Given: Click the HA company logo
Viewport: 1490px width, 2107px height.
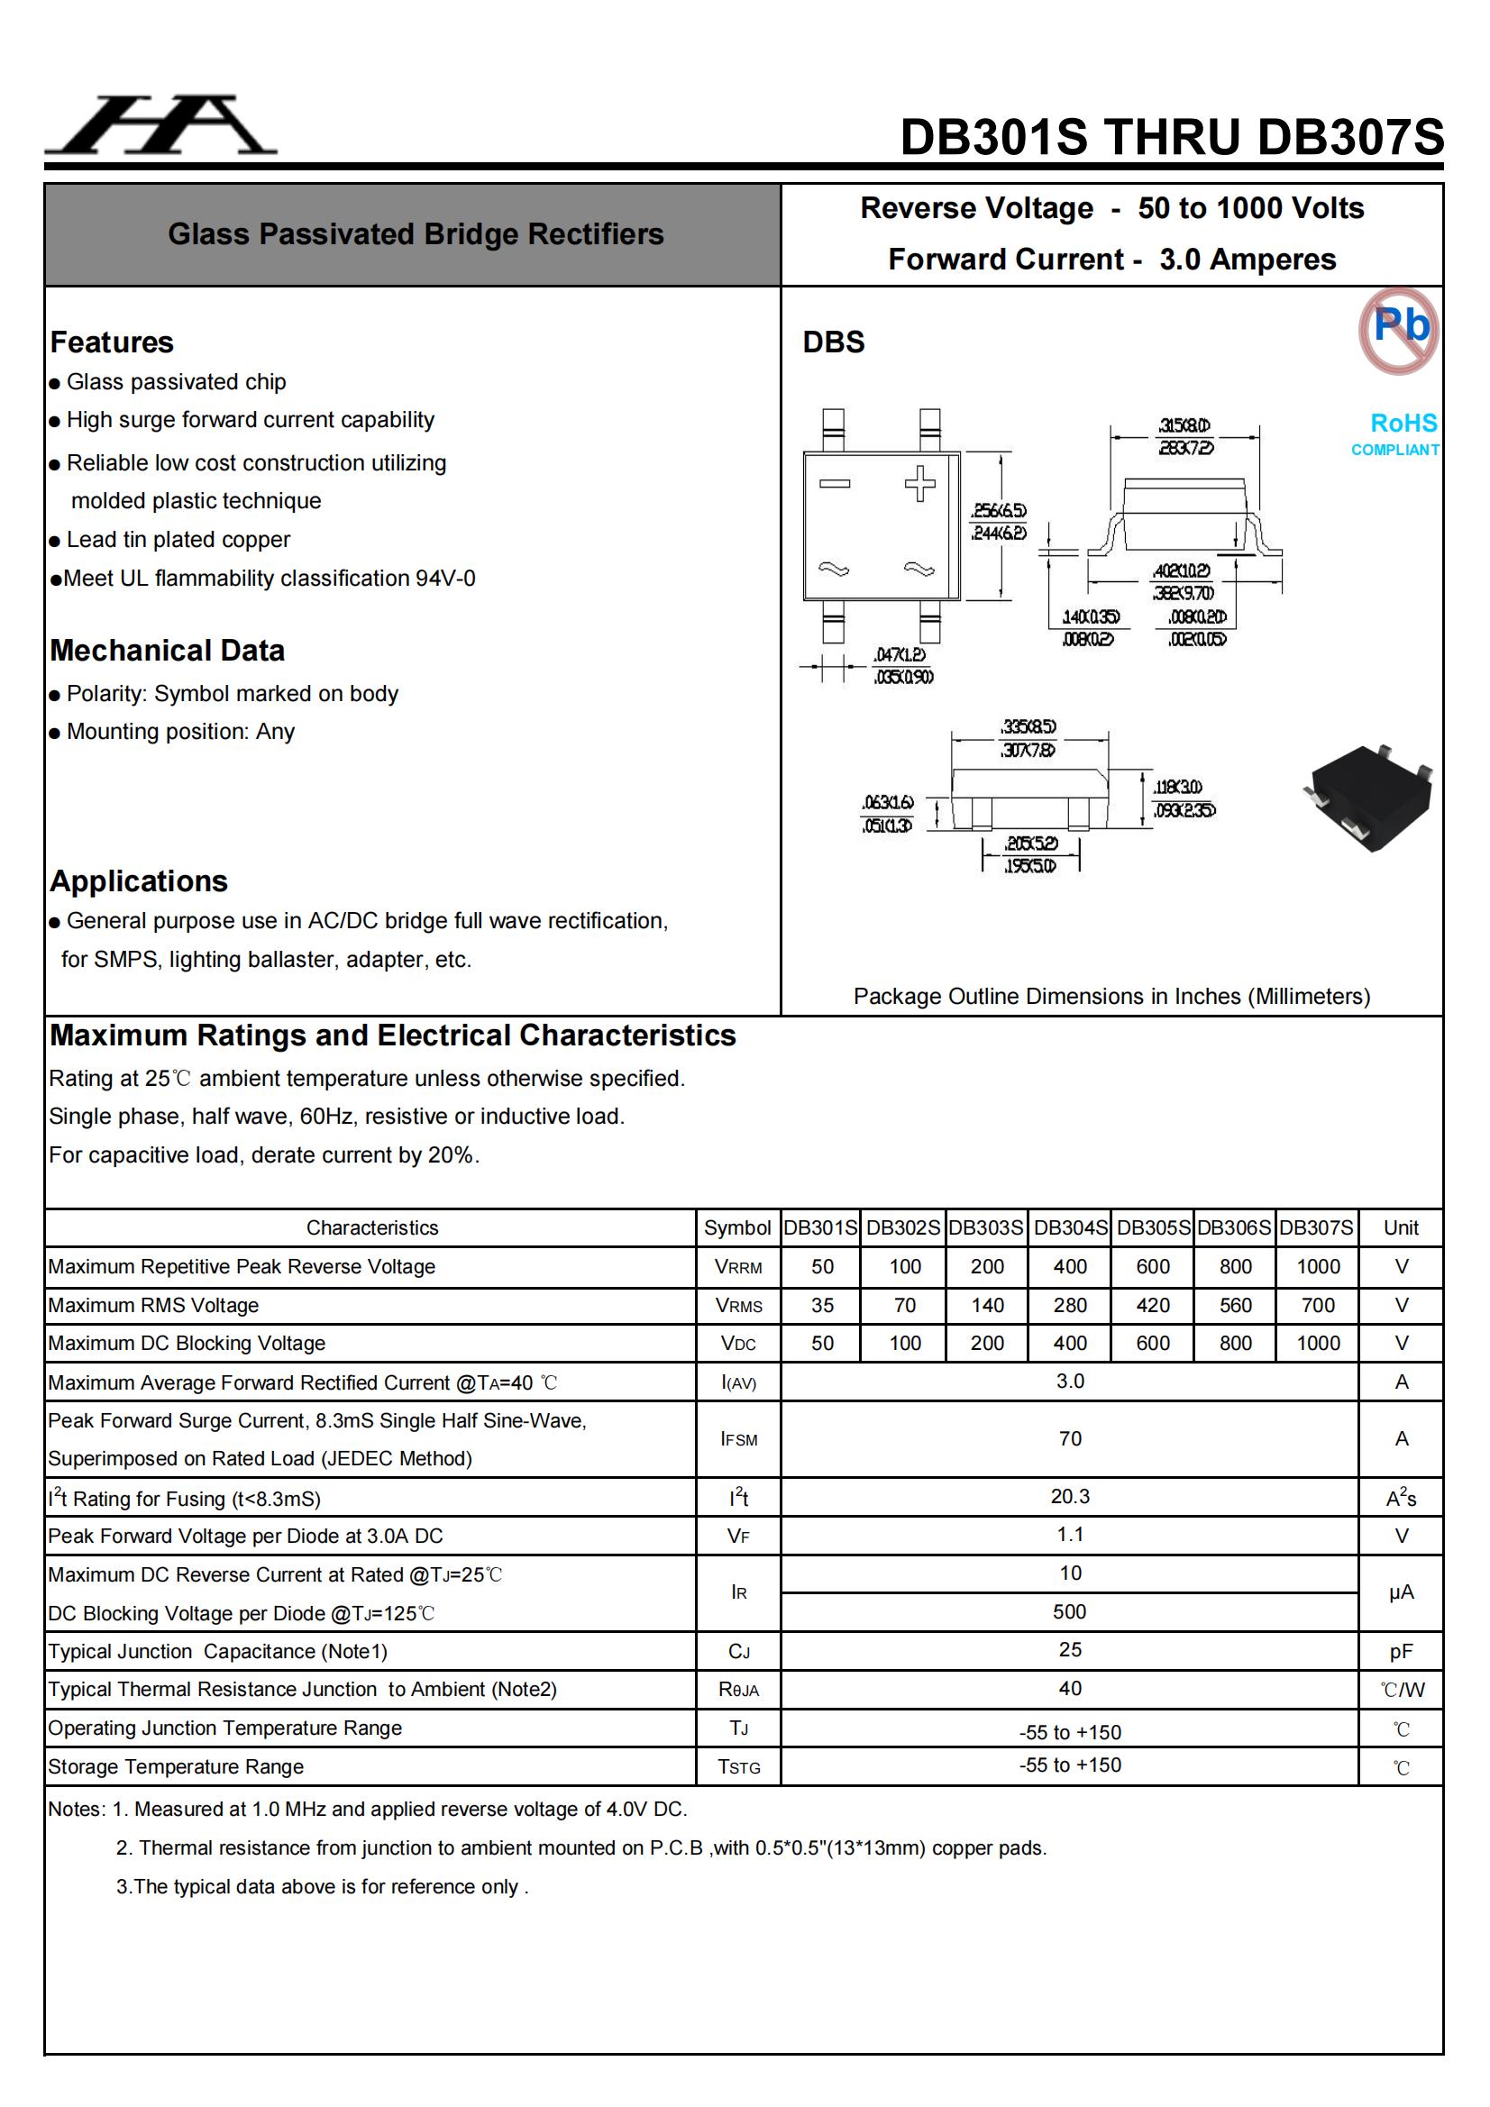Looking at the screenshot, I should pyautogui.click(x=160, y=126).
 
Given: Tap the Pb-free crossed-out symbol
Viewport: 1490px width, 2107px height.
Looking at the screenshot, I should pyautogui.click(x=1398, y=331).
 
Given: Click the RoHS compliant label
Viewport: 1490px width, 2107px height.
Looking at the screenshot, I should pyautogui.click(x=1396, y=433).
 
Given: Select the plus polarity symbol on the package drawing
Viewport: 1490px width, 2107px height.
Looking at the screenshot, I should pyautogui.click(x=919, y=484).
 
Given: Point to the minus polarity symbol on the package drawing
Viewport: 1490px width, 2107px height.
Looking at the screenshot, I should pyautogui.click(x=835, y=484).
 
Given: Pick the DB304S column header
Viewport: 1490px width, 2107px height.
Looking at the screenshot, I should pyautogui.click(x=1070, y=1227).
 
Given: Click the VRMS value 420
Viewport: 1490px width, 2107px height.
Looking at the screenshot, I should pyautogui.click(x=1152, y=1305).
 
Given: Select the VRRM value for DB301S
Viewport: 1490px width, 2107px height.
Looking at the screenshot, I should pyautogui.click(x=822, y=1266).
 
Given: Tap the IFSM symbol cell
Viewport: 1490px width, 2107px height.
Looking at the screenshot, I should pyautogui.click(x=738, y=1439).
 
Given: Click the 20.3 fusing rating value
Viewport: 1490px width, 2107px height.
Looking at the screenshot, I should pyautogui.click(x=1070, y=1496).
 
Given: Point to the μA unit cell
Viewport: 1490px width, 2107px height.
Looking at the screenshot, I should pyautogui.click(x=1400, y=1592).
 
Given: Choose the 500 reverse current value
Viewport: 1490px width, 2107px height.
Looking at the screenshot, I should pyautogui.click(x=1070, y=1611).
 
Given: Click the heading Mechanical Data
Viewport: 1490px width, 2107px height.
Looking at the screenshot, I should pyautogui.click(x=167, y=651).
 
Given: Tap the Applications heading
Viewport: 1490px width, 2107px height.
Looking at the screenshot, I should pyautogui.click(x=139, y=881).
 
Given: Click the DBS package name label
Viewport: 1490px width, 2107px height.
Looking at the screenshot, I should pyautogui.click(x=833, y=342).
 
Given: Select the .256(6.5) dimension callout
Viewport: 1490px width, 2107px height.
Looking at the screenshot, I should pyautogui.click(x=999, y=511).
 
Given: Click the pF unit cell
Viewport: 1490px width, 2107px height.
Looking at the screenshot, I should pyautogui.click(x=1400, y=1652).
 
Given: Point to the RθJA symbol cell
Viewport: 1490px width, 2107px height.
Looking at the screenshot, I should pyautogui.click(x=738, y=1690).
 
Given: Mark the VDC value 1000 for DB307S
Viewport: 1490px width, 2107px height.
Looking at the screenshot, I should pyautogui.click(x=1318, y=1344).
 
